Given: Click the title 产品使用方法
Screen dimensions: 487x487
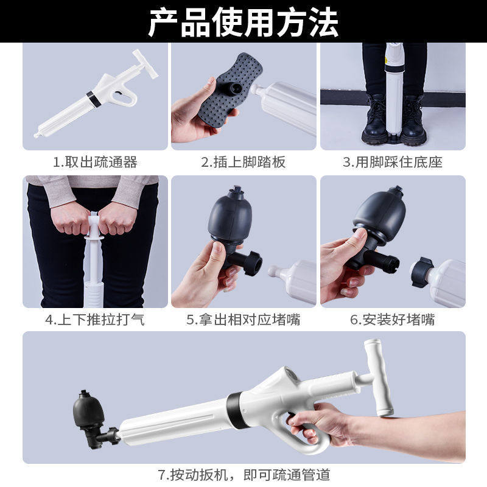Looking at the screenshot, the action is click(x=243, y=23).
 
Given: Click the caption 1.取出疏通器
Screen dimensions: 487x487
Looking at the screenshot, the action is click(x=95, y=162).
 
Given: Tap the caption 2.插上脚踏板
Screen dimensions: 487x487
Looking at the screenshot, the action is click(x=243, y=162).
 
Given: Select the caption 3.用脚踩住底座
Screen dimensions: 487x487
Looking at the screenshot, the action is click(x=393, y=162).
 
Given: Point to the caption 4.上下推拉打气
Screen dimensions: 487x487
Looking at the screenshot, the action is click(x=95, y=320).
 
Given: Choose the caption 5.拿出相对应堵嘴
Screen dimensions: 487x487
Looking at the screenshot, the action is click(x=243, y=320).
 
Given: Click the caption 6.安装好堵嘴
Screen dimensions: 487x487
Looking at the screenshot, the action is click(x=393, y=320).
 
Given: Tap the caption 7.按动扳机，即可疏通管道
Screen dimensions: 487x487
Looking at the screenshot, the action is click(x=244, y=475).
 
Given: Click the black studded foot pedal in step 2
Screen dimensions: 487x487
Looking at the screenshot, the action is click(x=231, y=90).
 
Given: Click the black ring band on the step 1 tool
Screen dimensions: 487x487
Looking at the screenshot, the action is click(x=93, y=99).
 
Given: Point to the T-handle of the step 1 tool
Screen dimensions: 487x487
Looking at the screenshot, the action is click(x=145, y=65).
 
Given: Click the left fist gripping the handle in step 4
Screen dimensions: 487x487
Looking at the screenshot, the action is click(x=70, y=219).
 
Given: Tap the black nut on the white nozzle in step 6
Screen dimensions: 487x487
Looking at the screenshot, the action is click(x=420, y=271).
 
